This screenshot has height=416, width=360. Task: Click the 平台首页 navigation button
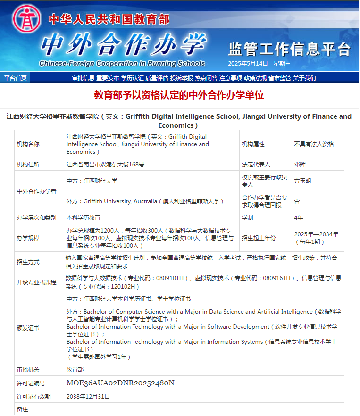click(x=15, y=78)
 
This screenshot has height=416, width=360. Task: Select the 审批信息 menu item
click(x=83, y=78)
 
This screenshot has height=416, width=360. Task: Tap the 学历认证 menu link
click(x=132, y=78)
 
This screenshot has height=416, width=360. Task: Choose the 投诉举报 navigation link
click(x=182, y=78)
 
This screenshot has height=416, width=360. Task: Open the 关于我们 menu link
click(x=304, y=78)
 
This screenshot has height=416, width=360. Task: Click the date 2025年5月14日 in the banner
click(x=248, y=64)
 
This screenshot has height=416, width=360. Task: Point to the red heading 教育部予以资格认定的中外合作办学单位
click(x=179, y=95)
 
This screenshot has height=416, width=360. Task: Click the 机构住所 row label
click(x=28, y=164)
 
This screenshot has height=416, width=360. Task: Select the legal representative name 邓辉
click(x=300, y=164)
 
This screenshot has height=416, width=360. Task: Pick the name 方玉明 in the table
click(x=302, y=181)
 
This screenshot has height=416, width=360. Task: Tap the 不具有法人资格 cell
click(x=314, y=144)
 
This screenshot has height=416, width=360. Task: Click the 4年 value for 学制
click(x=299, y=217)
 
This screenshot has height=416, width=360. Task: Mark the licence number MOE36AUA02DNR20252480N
click(x=120, y=383)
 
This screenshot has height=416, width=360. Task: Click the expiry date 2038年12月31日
click(x=88, y=396)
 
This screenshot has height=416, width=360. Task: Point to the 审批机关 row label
click(x=28, y=370)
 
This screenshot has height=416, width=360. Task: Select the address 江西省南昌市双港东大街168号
click(x=105, y=164)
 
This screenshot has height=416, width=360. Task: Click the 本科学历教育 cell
click(x=83, y=217)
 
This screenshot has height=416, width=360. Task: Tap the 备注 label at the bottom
click(x=22, y=409)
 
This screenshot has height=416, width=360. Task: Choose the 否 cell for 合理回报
click(x=297, y=201)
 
